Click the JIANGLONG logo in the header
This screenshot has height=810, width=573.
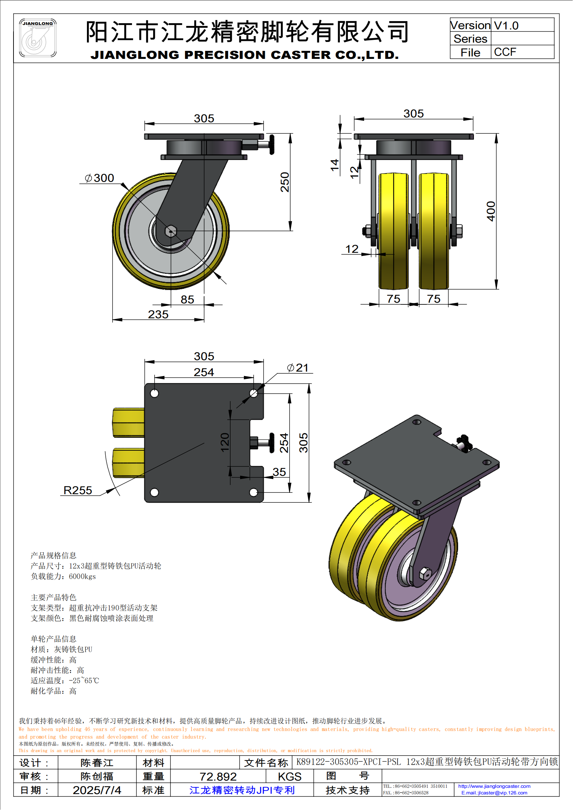[x=37, y=38]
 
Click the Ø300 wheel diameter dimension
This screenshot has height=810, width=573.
[x=100, y=178]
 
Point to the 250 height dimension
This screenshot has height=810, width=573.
[x=285, y=182]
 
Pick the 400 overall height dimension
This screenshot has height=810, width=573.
[x=491, y=211]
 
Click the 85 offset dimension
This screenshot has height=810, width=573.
[x=187, y=300]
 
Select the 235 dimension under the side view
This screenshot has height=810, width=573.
[x=158, y=314]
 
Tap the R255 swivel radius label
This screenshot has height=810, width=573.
[x=78, y=490]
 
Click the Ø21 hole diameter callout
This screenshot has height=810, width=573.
[x=298, y=368]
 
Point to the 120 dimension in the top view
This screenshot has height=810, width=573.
[x=225, y=442]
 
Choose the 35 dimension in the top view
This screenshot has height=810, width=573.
[x=279, y=472]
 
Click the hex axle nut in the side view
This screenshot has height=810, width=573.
[x=171, y=231]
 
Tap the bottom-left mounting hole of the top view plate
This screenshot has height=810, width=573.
[x=154, y=492]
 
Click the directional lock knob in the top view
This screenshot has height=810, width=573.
[x=272, y=442]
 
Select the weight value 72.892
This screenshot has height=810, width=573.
[x=218, y=776]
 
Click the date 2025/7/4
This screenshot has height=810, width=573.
[x=97, y=790]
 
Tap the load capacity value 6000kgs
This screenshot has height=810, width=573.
[x=82, y=577]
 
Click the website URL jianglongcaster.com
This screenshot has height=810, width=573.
[x=494, y=786]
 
